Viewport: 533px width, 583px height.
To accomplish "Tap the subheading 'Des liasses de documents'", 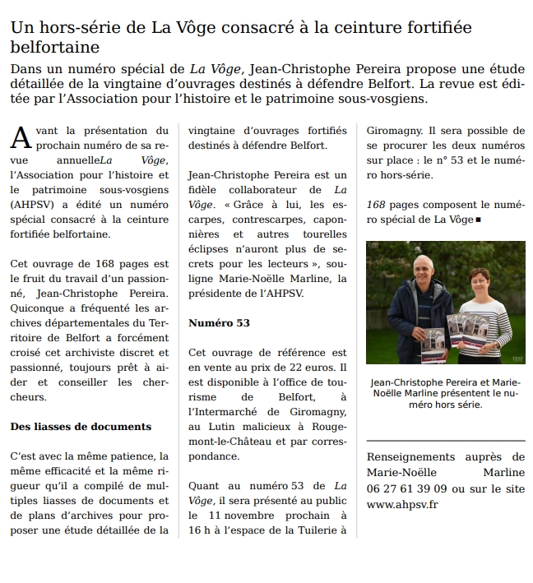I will [81, 426].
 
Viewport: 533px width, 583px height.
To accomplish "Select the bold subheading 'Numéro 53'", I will [218, 322].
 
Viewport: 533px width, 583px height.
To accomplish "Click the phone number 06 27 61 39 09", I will [404, 488].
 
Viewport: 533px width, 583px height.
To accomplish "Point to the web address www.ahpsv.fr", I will [402, 504].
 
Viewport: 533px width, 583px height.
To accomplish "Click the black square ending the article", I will [478, 220].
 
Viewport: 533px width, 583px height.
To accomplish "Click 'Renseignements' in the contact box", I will [408, 457].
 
